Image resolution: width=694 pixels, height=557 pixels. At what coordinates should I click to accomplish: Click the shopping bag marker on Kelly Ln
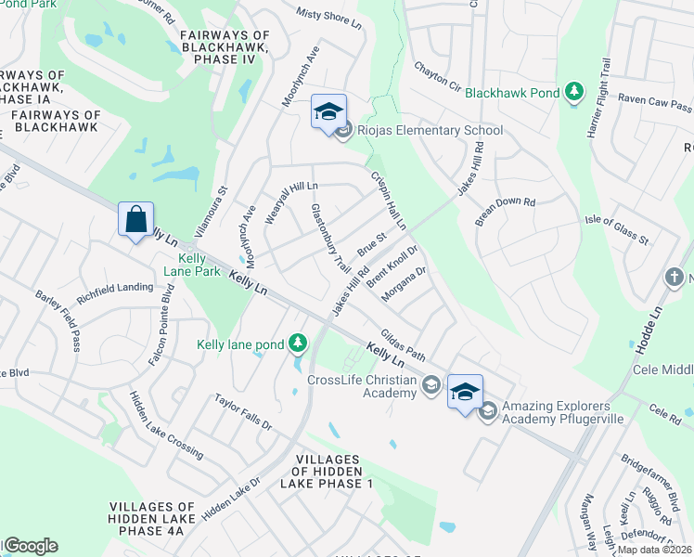[136, 221]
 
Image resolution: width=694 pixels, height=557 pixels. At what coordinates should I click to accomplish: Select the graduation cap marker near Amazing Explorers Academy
[465, 391]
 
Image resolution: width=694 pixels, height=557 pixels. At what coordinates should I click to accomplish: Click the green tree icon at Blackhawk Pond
[575, 91]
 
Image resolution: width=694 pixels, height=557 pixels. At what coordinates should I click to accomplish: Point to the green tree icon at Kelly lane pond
[297, 344]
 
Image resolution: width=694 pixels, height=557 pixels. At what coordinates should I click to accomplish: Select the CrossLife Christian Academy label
[362, 386]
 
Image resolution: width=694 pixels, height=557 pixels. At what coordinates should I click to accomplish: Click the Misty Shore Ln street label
[328, 18]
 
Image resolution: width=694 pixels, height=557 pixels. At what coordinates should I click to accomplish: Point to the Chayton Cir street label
[437, 73]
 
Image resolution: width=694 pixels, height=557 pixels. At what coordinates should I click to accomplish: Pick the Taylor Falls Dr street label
[243, 413]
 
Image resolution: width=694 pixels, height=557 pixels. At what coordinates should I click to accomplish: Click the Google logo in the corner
[31, 546]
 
